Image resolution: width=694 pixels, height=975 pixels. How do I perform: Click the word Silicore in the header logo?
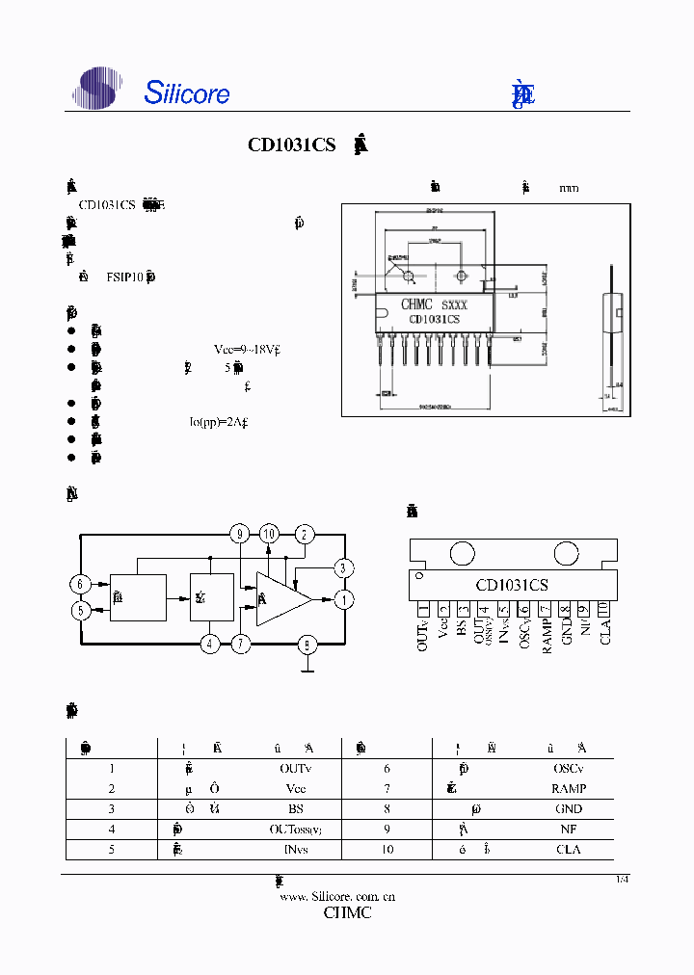pyautogui.click(x=187, y=92)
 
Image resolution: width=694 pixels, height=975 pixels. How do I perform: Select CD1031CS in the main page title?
pyautogui.click(x=291, y=145)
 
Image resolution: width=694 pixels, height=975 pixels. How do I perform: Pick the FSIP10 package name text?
pyautogui.click(x=125, y=277)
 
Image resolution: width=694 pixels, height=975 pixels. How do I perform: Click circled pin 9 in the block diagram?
pyautogui.click(x=240, y=534)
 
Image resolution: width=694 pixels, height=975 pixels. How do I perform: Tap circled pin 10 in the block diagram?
pyautogui.click(x=269, y=534)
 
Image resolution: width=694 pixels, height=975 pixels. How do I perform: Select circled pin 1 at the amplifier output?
pyautogui.click(x=344, y=599)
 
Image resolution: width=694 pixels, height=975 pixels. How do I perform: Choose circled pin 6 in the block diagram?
pyautogui.click(x=81, y=584)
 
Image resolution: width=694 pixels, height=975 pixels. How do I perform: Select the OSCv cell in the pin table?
pyautogui.click(x=568, y=768)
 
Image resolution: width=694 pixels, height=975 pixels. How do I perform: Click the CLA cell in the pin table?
pyautogui.click(x=569, y=850)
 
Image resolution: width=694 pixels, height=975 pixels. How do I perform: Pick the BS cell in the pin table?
pyautogui.click(x=296, y=809)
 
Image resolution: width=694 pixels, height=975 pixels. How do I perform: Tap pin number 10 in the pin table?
pyautogui.click(x=387, y=850)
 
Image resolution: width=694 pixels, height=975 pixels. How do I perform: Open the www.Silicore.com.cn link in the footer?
pyautogui.click(x=337, y=896)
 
